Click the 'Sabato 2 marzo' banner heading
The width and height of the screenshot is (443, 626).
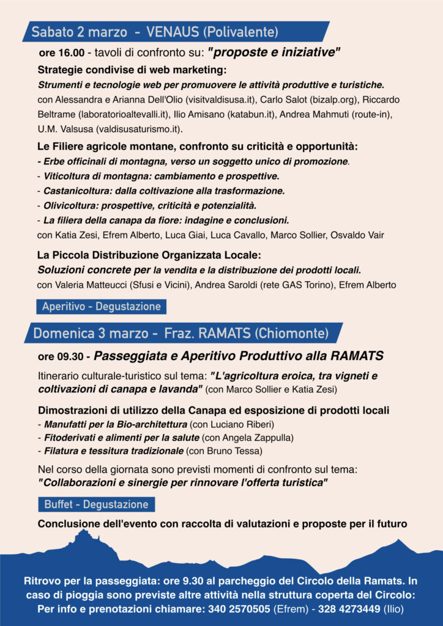[79, 31]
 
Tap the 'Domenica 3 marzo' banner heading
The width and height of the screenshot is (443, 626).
[91, 333]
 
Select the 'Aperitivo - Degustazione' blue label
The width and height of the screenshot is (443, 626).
[101, 306]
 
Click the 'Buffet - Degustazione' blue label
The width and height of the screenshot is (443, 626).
[96, 504]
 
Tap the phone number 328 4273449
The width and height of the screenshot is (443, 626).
[352, 609]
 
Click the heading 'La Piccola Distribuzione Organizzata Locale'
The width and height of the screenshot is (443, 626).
[149, 254]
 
